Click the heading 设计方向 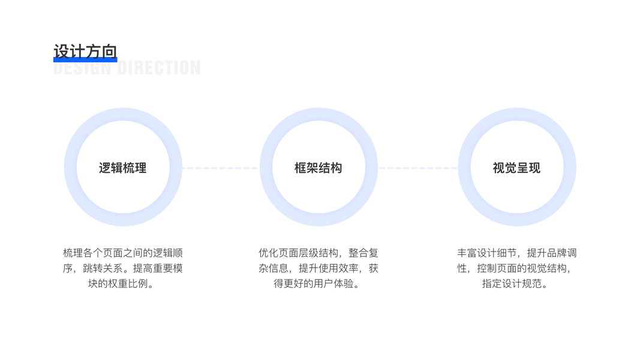coord(85,51)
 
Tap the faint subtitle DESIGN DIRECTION coord(127,68)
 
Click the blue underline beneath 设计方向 coord(85,60)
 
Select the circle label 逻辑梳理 coord(122,168)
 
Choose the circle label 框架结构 coord(318,168)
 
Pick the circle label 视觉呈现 coord(516,168)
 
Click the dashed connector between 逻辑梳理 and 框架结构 coord(220,168)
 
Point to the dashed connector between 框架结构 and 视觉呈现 coord(417,168)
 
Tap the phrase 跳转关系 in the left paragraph coord(103,268)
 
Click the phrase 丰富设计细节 coord(486,253)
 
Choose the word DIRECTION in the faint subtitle coord(159,68)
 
